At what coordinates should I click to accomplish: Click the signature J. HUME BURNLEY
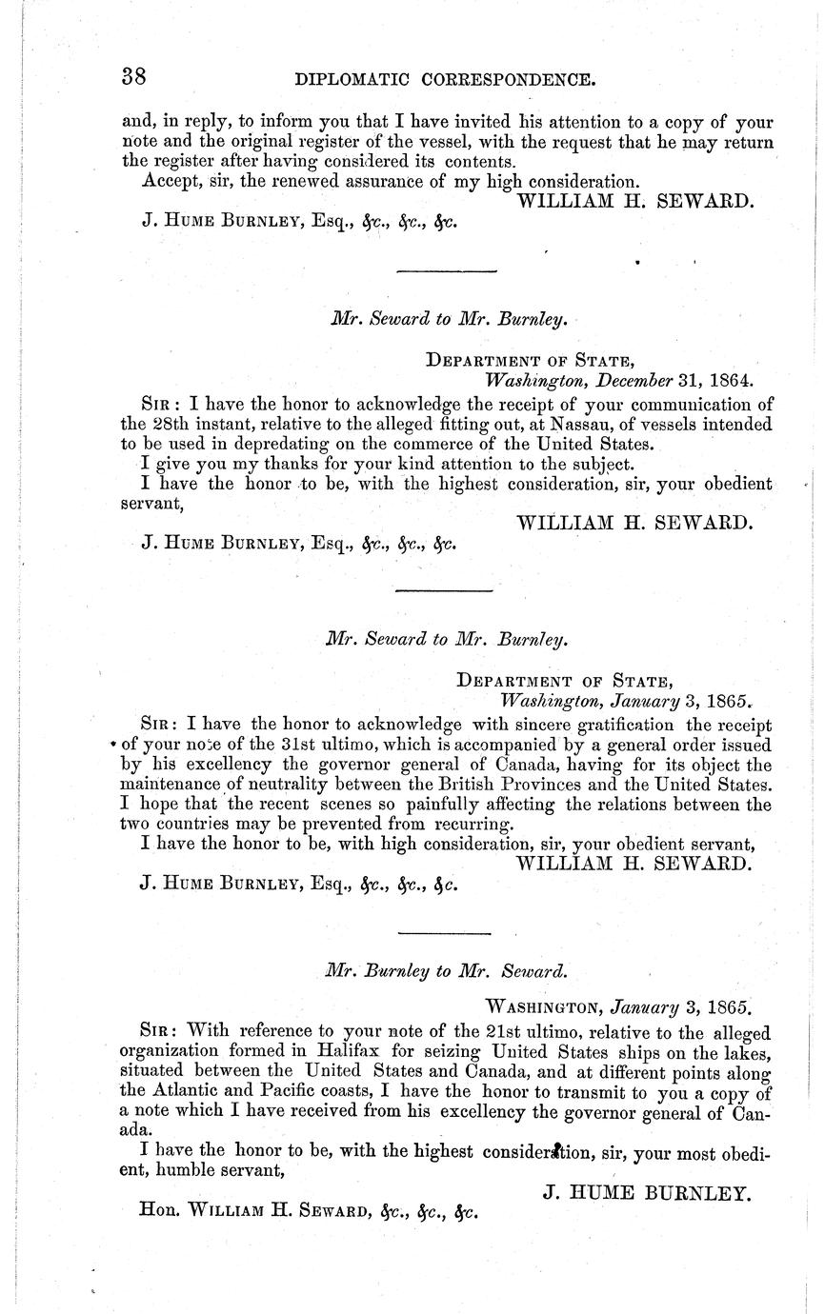point(646,1191)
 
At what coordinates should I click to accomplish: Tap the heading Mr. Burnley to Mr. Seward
point(446,972)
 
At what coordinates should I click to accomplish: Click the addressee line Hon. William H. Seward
point(307,1213)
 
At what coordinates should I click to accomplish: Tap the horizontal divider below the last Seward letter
point(444,932)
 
